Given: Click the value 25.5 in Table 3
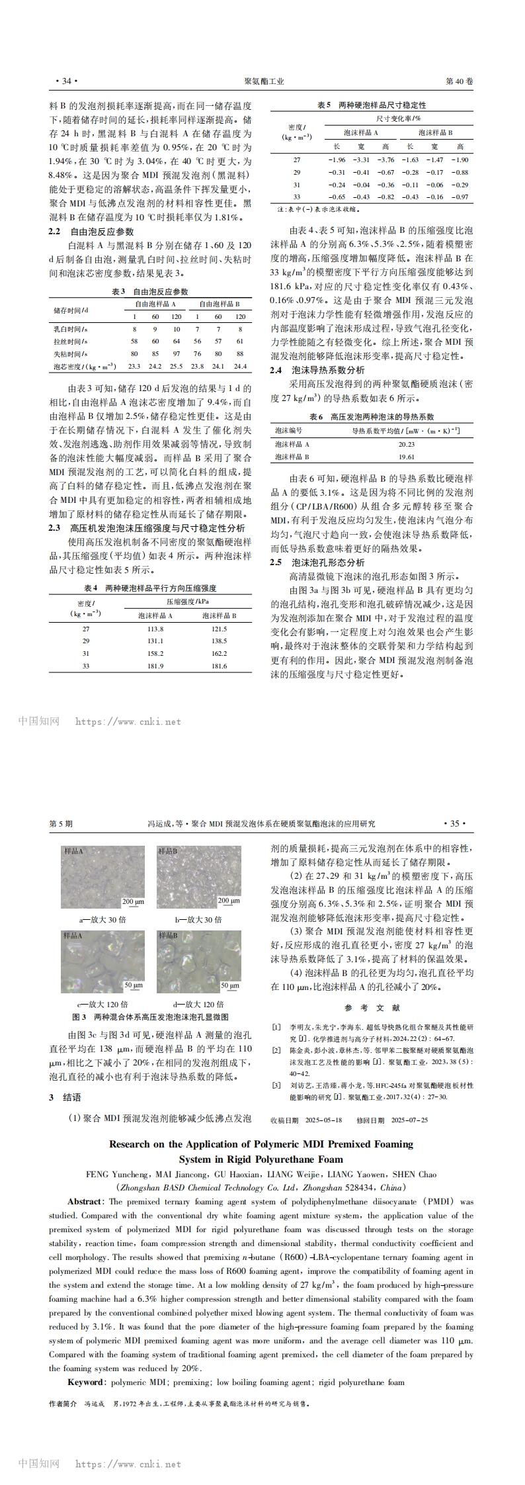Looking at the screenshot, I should pos(177,366).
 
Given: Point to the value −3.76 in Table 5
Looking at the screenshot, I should pos(385,160).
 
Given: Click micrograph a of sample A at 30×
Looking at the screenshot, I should pos(102,876).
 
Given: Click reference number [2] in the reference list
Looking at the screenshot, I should pos(276,1050).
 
